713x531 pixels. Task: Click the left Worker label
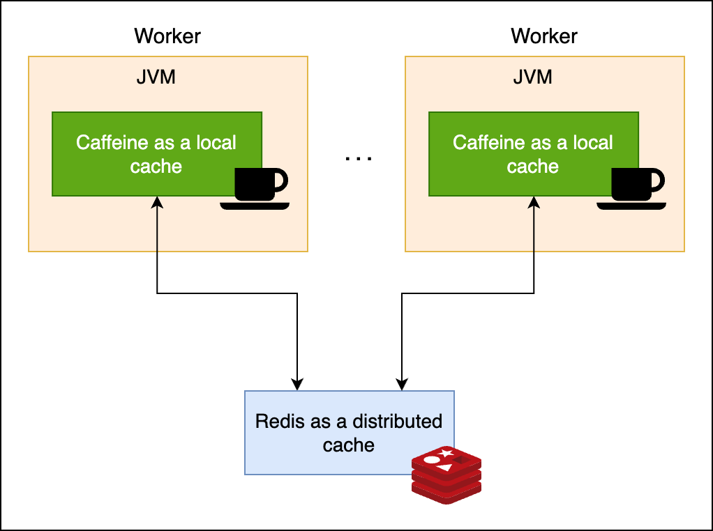pyautogui.click(x=167, y=36)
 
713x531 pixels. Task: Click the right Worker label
pyautogui.click(x=544, y=36)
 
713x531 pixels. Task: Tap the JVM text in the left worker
pyautogui.click(x=156, y=77)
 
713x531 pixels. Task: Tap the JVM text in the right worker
pyautogui.click(x=532, y=77)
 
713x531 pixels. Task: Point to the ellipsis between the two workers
pyautogui.click(x=359, y=158)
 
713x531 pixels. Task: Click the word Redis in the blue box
pyautogui.click(x=276, y=421)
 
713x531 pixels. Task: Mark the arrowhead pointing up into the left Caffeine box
pyautogui.click(x=158, y=202)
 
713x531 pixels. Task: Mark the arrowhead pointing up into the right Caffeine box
pyautogui.click(x=534, y=202)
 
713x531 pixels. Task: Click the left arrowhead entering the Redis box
pyautogui.click(x=297, y=384)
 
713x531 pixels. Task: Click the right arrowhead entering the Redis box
pyautogui.click(x=402, y=384)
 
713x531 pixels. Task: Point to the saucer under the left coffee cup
pyautogui.click(x=254, y=206)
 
